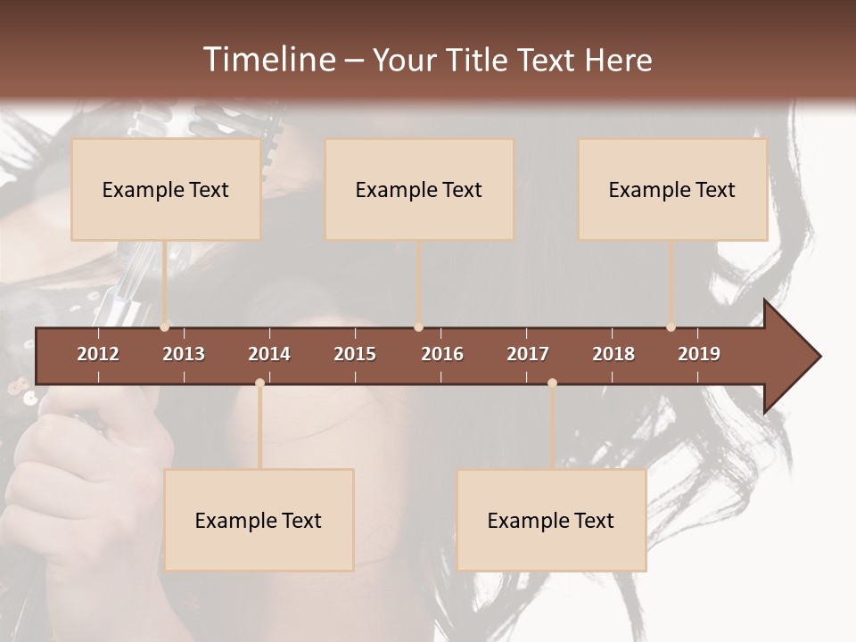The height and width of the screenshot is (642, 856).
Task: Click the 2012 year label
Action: click(98, 354)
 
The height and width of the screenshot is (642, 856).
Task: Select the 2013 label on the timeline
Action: click(184, 354)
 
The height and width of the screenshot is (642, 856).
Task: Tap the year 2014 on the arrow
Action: click(269, 354)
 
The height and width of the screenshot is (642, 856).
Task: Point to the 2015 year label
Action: click(355, 354)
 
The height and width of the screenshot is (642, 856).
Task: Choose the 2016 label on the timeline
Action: click(442, 354)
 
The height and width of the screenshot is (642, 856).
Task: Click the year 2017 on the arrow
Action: click(528, 354)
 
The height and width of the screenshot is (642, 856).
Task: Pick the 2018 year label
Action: click(613, 354)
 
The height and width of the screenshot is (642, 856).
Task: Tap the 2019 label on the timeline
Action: click(699, 354)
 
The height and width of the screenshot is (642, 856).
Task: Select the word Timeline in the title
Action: click(268, 60)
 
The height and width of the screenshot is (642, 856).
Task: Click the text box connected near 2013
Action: click(166, 189)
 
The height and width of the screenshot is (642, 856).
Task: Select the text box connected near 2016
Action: click(419, 189)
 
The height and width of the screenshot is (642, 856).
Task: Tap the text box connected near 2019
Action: click(672, 189)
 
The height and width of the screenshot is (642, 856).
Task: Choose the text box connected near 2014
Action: click(259, 520)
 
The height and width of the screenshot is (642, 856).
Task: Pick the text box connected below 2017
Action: click(551, 520)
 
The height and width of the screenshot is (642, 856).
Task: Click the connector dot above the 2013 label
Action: click(165, 327)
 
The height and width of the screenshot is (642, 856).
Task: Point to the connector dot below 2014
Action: click(259, 383)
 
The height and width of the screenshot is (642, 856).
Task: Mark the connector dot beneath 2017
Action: click(552, 383)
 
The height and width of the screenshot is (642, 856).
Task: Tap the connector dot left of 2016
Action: click(419, 327)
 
